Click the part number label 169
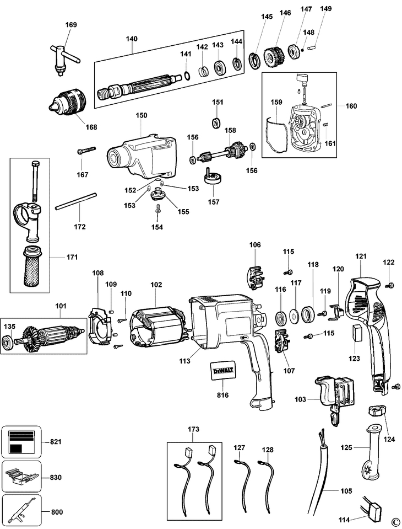click(70, 25)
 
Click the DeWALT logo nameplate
click(222, 371)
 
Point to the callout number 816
click(222, 395)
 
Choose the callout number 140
click(132, 39)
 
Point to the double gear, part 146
click(273, 58)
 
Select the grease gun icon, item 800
click(21, 511)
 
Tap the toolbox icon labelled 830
click(21, 477)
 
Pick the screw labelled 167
click(86, 150)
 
